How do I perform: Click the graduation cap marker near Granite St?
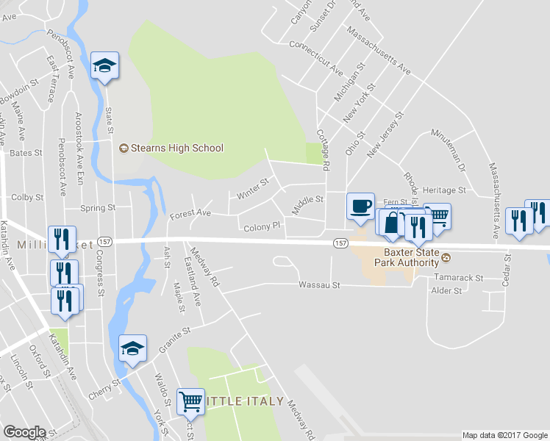point(133,348)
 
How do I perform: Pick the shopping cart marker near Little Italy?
point(191,401)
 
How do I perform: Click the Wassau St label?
point(320,284)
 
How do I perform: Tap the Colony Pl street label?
point(262,227)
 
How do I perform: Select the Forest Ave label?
point(190,215)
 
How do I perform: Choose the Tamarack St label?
point(457,279)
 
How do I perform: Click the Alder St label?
point(446,291)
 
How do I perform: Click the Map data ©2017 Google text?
point(505,435)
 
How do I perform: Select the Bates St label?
point(26,153)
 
